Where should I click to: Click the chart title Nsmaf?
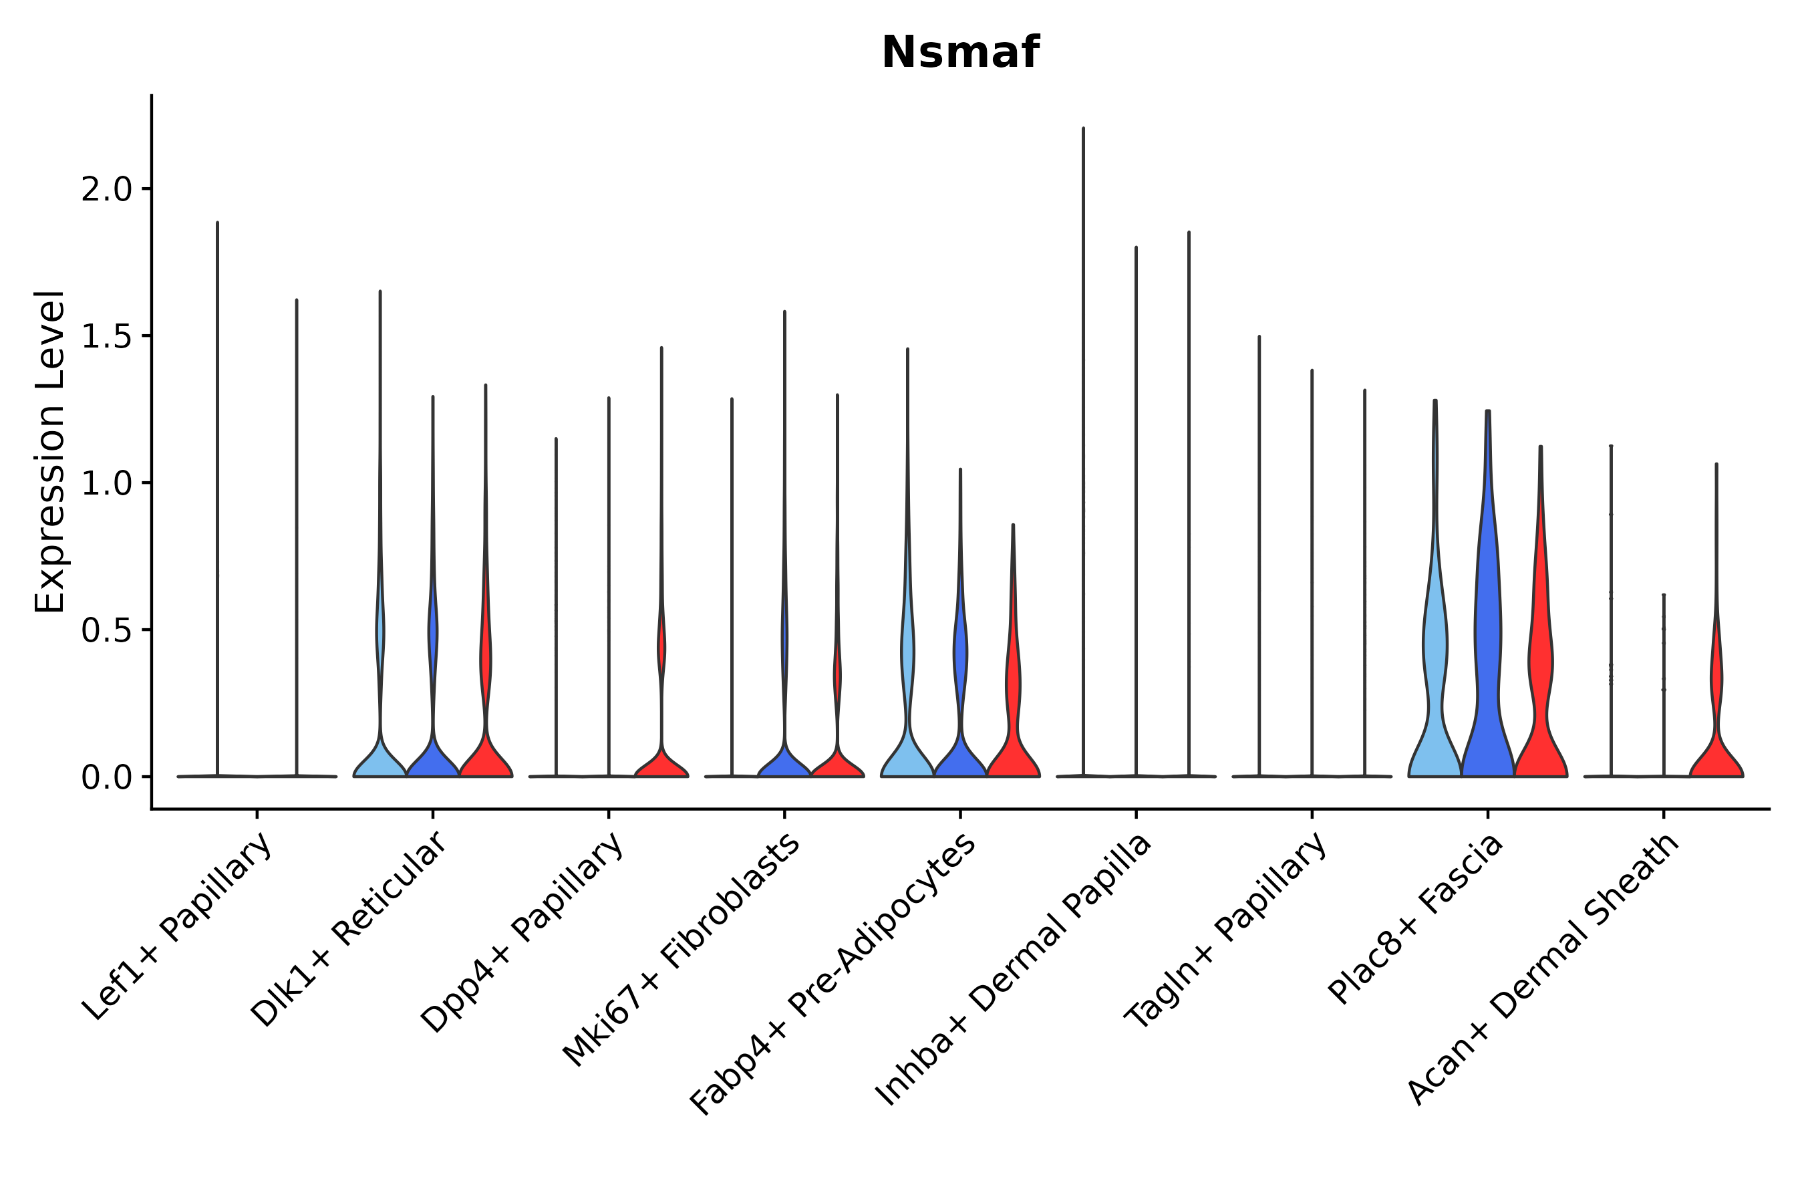click(959, 53)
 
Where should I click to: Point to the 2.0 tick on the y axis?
click(107, 190)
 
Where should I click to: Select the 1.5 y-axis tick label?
click(107, 337)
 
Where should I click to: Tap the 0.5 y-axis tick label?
click(107, 631)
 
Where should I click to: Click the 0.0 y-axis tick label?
click(107, 778)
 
